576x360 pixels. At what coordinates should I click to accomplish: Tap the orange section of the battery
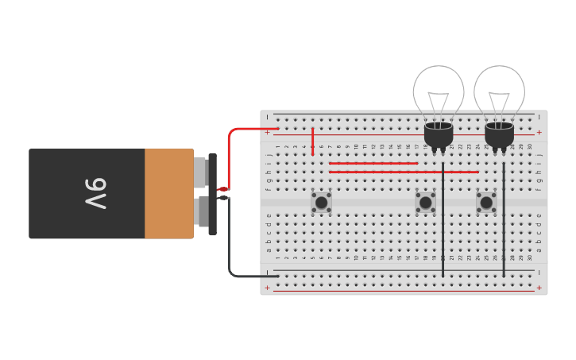[x=168, y=194]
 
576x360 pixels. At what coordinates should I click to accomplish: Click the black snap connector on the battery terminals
[x=212, y=194]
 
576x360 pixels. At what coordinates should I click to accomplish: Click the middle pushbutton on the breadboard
[x=426, y=203]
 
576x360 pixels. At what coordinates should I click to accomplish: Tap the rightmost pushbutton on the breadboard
[x=486, y=203]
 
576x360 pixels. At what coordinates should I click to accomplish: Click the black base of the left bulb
[x=439, y=134]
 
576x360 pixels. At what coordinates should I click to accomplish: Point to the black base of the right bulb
[x=499, y=134]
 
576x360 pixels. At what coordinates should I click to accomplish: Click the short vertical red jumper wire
[x=313, y=141]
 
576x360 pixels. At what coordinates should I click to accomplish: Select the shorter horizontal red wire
[x=373, y=164]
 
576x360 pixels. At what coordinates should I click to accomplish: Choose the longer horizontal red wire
[x=404, y=172]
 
